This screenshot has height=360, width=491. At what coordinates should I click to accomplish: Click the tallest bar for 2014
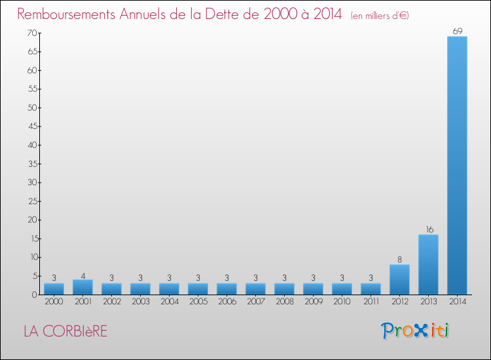(x=457, y=165)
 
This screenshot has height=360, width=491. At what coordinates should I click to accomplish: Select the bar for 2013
(x=428, y=264)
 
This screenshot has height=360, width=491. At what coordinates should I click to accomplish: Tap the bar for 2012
(x=399, y=279)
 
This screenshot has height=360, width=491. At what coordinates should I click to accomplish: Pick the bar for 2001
(x=82, y=287)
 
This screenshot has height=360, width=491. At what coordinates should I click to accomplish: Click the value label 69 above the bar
(x=457, y=31)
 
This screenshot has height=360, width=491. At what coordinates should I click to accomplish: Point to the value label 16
(x=428, y=229)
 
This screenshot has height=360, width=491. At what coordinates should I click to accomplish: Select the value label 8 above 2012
(x=399, y=259)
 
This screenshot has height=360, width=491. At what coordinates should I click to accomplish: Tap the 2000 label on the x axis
(x=54, y=302)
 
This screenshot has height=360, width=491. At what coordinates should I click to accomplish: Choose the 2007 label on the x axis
(x=255, y=302)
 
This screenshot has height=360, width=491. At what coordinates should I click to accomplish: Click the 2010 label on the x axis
(x=342, y=302)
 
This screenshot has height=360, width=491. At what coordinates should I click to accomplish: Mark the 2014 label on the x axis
(x=457, y=302)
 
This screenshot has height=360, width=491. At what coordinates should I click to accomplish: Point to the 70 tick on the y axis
(x=31, y=33)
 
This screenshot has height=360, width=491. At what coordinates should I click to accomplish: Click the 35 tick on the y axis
(x=31, y=164)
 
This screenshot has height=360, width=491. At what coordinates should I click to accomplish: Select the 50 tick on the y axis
(x=31, y=107)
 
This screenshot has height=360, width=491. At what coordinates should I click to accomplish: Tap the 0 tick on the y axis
(x=33, y=295)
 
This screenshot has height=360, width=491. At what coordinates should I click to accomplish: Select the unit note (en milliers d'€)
(x=380, y=15)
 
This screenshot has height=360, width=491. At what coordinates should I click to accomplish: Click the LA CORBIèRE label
(x=65, y=331)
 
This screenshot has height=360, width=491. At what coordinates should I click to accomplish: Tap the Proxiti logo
(x=415, y=331)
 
